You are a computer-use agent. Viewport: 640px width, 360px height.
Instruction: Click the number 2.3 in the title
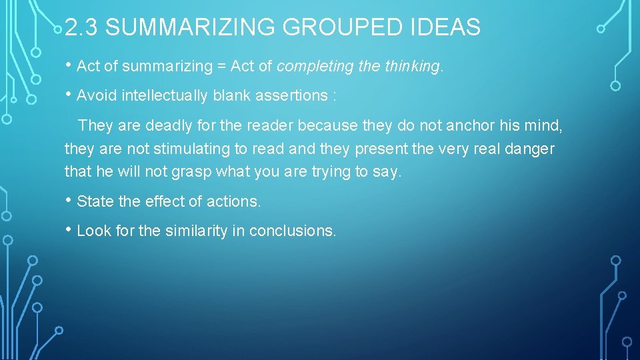coord(83,27)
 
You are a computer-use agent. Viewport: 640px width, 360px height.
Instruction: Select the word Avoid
coord(97,96)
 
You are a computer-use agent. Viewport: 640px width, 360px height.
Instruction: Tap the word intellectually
coord(165,96)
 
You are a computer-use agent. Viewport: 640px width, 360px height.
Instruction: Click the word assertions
coord(292,96)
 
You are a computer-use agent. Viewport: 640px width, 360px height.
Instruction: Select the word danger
coord(529,149)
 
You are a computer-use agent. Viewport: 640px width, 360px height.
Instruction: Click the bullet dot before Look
coord(69,230)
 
